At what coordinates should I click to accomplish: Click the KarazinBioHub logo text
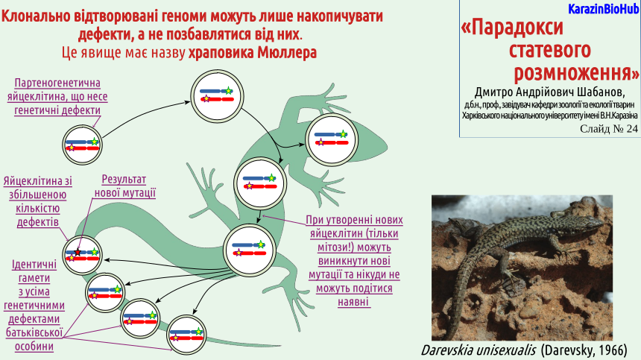pos(603,9)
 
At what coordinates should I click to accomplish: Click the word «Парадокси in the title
pos(512,28)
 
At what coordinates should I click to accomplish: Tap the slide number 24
pos(631,129)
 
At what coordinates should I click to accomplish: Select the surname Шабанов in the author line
pos(601,92)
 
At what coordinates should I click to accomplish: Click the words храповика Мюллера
pos(252,53)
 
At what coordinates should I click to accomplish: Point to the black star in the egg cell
pos(78,252)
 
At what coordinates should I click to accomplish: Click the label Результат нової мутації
pos(124,186)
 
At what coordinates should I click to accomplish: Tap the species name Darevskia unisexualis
pos(479,350)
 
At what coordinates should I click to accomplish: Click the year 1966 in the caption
pos(613,350)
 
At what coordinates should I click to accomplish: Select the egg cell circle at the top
pos(217,96)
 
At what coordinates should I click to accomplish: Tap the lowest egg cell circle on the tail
pos(187,335)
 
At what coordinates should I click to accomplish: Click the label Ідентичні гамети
pos(34,271)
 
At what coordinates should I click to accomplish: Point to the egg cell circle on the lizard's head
pos(332,139)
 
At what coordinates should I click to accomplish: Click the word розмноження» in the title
pos(576,73)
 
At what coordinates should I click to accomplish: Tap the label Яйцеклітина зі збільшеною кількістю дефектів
pos(37,201)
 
